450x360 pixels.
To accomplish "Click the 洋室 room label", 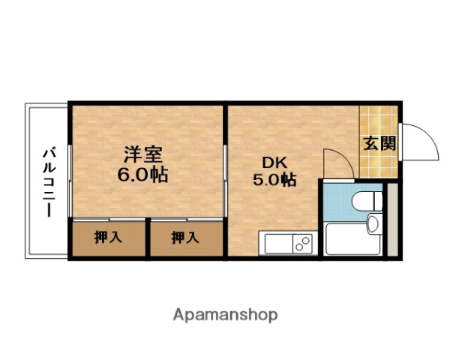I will click(x=143, y=156).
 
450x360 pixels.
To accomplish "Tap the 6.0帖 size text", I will click(x=143, y=176).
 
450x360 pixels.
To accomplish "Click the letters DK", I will click(x=272, y=161).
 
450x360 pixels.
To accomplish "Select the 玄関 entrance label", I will click(x=379, y=142).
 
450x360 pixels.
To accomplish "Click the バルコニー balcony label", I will click(x=48, y=181).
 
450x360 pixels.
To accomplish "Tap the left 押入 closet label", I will click(x=109, y=238).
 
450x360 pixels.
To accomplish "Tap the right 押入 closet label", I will click(x=185, y=238).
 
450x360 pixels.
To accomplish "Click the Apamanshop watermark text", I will click(x=225, y=314).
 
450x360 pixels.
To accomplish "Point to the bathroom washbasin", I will click(x=373, y=223).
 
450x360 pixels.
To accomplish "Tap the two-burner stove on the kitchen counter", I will click(x=303, y=244).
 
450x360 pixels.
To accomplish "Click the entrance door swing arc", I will click(x=417, y=139).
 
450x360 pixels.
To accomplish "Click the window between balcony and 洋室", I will click(x=70, y=180).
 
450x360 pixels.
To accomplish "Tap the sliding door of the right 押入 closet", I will click(x=186, y=219).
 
